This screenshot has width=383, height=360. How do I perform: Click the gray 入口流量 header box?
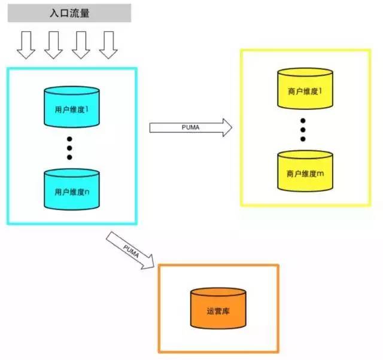(x=69, y=13)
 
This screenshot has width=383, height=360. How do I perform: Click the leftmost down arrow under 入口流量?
(x=26, y=45)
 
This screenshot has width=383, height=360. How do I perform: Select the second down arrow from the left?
(x=53, y=45)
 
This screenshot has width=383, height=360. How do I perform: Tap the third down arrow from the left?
(x=80, y=45)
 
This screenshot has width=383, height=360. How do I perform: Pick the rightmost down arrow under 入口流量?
(x=108, y=45)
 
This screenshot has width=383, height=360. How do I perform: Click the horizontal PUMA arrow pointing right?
(x=190, y=127)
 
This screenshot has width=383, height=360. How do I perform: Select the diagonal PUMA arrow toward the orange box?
(x=131, y=249)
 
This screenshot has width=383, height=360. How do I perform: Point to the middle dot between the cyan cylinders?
(x=69, y=148)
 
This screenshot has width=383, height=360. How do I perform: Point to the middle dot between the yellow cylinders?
(x=303, y=130)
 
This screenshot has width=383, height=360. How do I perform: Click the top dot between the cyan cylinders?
(x=69, y=139)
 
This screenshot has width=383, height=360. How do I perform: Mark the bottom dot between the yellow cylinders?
(x=303, y=139)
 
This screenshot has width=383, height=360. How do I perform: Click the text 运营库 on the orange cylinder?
(x=218, y=312)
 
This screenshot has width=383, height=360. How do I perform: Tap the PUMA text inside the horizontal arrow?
(x=190, y=127)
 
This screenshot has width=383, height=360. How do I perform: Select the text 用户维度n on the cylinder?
(x=72, y=193)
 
